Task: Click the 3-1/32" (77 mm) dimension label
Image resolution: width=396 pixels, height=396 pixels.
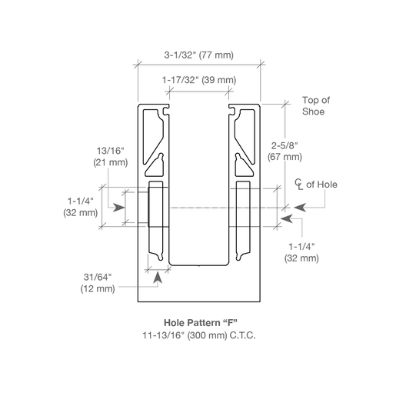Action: pyautogui.click(x=198, y=55)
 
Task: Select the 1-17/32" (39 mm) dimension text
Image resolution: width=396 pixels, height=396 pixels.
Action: pyautogui.click(x=199, y=80)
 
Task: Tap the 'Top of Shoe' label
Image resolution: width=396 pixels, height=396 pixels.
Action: pyautogui.click(x=316, y=106)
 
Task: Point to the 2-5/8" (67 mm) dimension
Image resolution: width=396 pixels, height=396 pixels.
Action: pyautogui.click(x=285, y=151)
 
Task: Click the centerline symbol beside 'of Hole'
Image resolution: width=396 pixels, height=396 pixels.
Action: pyautogui.click(x=298, y=185)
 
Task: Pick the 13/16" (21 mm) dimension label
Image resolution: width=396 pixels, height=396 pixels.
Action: pyautogui.click(x=110, y=157)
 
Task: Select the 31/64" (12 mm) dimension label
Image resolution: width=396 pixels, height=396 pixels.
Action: pyautogui.click(x=98, y=283)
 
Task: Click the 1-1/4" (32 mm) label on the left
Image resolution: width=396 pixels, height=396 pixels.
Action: pyautogui.click(x=80, y=207)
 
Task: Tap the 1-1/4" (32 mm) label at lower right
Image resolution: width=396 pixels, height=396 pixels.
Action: pyautogui.click(x=301, y=252)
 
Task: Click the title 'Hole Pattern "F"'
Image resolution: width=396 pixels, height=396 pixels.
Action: pyautogui.click(x=201, y=322)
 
